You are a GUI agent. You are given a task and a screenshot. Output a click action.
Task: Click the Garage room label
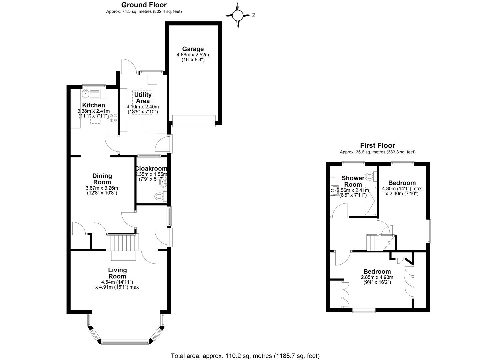(193, 49)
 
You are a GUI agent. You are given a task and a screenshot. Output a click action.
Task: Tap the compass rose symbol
(238, 15)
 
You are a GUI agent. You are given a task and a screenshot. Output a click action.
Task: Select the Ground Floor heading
(144, 5)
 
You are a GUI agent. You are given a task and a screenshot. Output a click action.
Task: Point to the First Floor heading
(377, 145)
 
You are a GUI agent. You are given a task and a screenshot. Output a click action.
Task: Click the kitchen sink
(86, 93)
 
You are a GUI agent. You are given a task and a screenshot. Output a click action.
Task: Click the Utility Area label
(143, 98)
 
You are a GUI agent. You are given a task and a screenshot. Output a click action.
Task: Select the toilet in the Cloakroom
(161, 196)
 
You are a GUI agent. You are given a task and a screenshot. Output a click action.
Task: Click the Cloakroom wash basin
(164, 183)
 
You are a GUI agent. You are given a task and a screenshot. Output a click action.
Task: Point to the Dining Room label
(102, 179)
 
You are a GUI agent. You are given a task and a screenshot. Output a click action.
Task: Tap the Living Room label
(117, 273)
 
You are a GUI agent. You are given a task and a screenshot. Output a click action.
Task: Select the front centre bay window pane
(125, 342)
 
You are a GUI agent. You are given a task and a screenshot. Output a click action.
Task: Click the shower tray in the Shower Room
(370, 201)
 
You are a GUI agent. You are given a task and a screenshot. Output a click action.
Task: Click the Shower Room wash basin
(334, 190)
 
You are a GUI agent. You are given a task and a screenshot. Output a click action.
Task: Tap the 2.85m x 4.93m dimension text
(377, 277)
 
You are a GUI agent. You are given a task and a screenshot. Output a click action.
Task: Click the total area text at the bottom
(245, 356)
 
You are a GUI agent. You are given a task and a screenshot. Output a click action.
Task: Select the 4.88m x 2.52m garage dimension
(193, 55)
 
